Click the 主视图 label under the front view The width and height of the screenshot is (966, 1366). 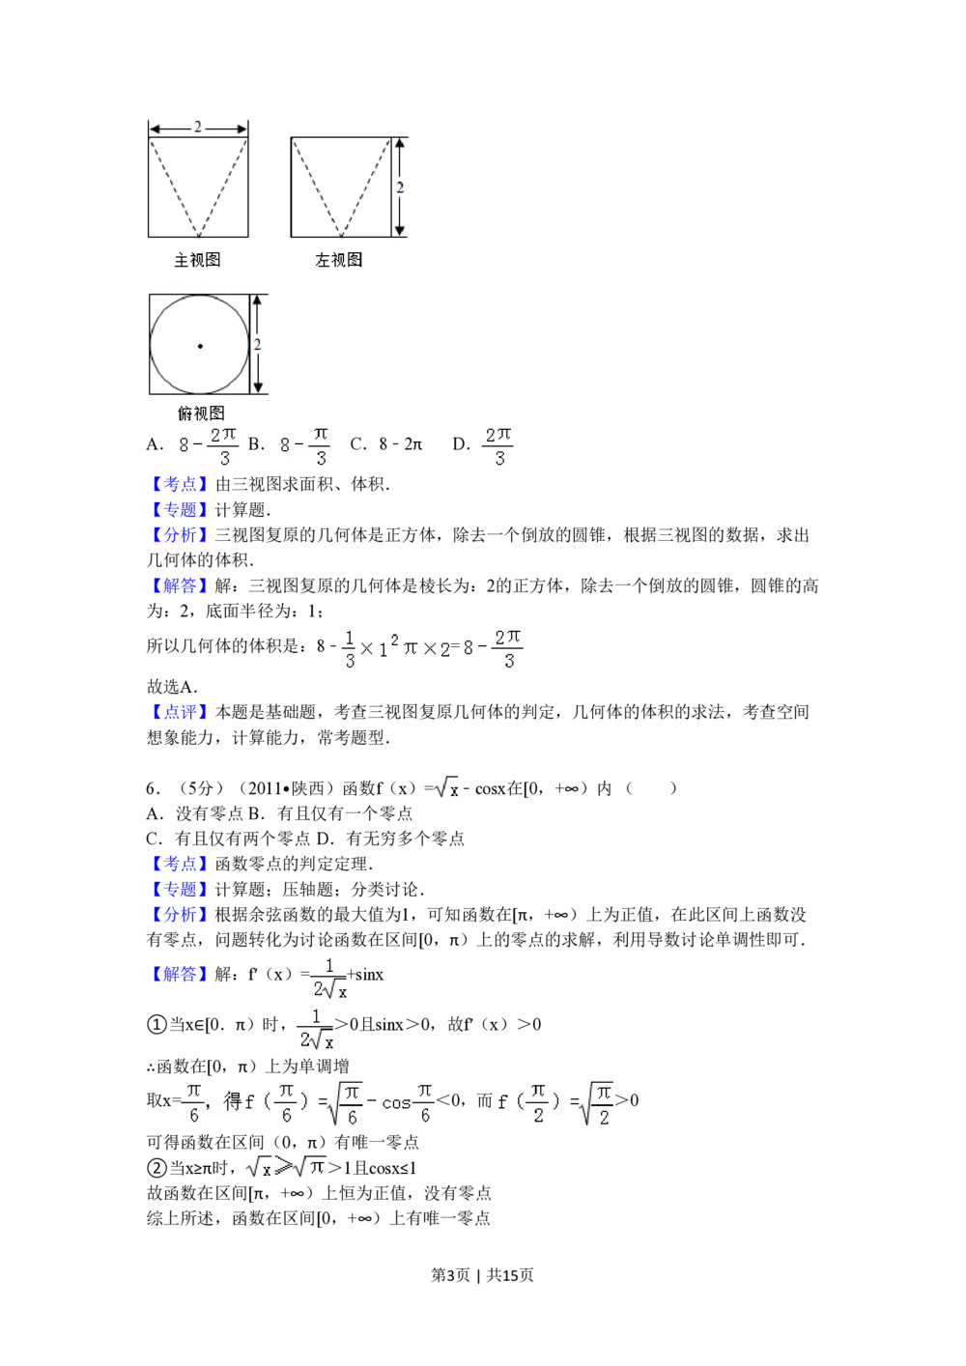[197, 260]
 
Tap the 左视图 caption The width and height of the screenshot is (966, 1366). [339, 260]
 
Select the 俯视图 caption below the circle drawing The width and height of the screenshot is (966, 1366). [201, 413]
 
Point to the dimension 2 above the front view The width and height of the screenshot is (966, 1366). [198, 127]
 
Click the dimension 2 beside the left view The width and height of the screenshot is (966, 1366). [400, 187]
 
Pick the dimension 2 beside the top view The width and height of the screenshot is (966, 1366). [257, 345]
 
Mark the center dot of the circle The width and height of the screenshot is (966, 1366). [200, 346]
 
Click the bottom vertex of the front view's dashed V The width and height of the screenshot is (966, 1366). [198, 236]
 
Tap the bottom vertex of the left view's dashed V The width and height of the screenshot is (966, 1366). [341, 236]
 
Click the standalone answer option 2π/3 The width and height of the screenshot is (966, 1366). [498, 445]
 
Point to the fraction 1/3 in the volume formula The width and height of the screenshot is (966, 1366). [350, 649]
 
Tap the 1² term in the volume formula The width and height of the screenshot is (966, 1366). [385, 647]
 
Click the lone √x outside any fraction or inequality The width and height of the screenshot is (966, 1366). [448, 789]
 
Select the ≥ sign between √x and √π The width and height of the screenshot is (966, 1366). [283, 1167]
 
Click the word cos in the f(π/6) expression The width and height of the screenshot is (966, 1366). [396, 1102]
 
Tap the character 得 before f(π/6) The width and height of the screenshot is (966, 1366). [233, 1100]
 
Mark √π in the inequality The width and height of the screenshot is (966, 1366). [311, 1167]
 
